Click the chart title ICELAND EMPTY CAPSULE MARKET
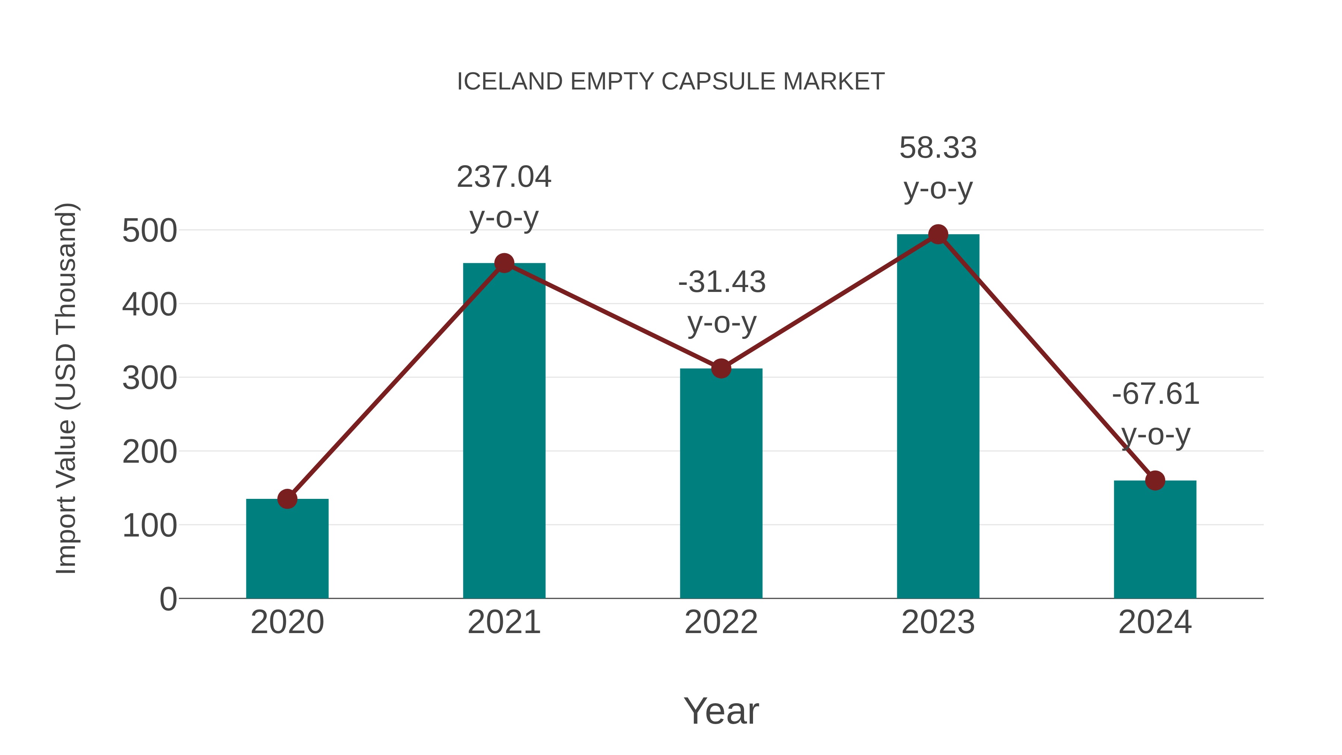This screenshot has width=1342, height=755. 671,82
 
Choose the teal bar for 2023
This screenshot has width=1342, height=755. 938,416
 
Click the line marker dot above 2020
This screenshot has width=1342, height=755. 287,498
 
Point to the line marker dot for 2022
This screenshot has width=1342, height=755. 721,368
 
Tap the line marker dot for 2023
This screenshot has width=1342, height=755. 938,235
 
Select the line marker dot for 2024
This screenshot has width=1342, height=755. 1155,481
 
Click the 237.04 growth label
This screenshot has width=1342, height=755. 504,177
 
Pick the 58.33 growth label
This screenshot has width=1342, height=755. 938,148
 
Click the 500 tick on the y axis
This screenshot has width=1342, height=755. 149,231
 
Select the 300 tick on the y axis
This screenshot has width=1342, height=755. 149,378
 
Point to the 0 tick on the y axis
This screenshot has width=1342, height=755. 168,599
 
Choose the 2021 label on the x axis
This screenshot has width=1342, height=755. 504,622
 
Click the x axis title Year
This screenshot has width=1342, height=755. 721,711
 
